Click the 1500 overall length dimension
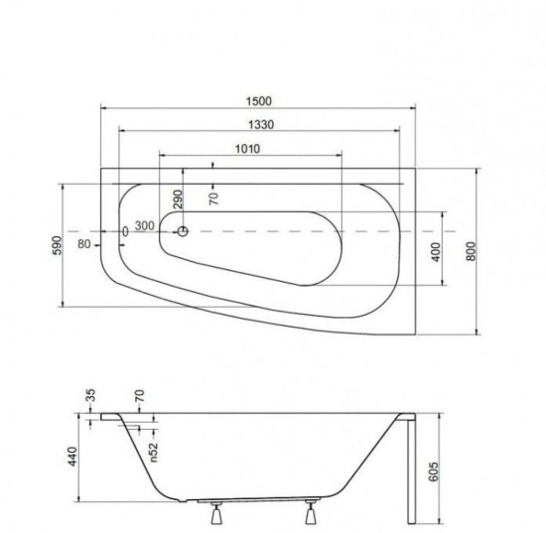(258, 101)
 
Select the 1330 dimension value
(261, 124)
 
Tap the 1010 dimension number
(247, 149)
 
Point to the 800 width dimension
(471, 251)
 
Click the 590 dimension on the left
(58, 245)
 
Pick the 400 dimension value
(436, 252)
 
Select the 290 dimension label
(178, 199)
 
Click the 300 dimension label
(145, 225)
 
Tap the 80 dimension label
(84, 244)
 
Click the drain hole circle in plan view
(183, 231)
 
